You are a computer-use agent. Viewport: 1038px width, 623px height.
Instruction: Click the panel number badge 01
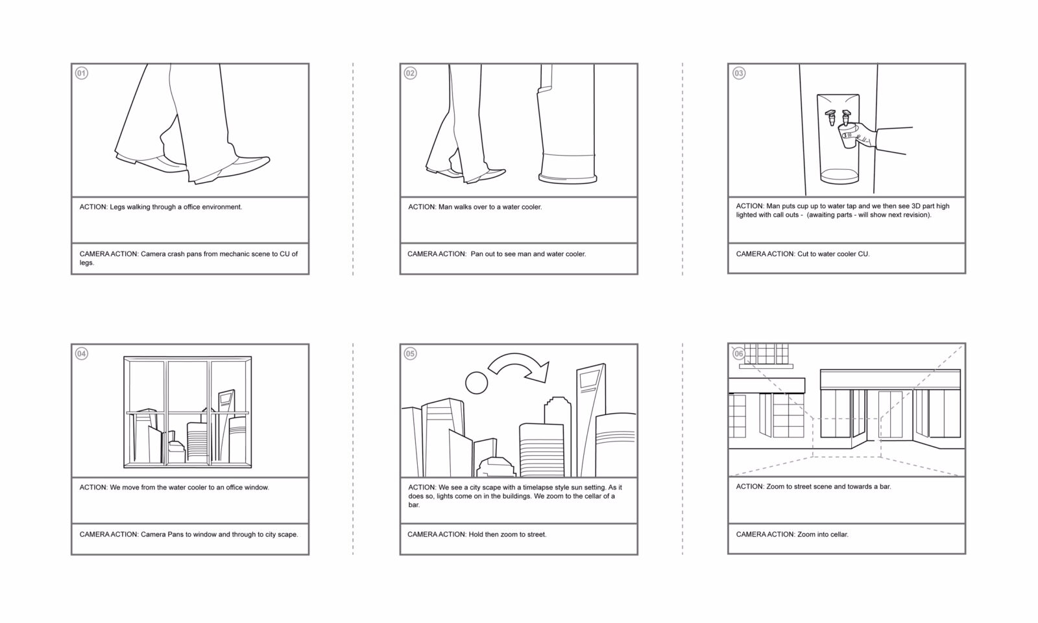(82, 73)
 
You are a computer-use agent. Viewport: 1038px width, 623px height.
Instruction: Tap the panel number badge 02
(410, 73)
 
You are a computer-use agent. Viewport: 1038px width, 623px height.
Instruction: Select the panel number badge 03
(739, 73)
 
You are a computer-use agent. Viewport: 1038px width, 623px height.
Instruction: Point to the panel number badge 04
(82, 353)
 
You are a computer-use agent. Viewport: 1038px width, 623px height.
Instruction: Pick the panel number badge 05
(410, 353)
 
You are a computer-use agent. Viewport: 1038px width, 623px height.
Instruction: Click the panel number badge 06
(739, 353)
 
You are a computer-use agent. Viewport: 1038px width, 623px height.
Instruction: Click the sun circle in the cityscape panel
(476, 382)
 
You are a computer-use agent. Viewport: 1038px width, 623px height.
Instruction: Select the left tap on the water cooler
(830, 118)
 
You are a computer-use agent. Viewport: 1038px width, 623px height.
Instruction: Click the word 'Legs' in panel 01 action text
(121, 207)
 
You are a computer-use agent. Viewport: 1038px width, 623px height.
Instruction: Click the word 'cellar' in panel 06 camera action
(838, 535)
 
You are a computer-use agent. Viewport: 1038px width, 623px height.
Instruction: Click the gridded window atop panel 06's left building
(766, 354)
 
